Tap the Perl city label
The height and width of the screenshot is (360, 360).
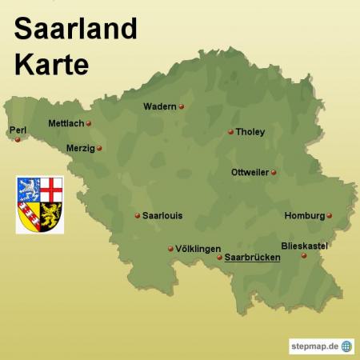click(17, 130)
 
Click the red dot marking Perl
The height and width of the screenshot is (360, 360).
click(18, 139)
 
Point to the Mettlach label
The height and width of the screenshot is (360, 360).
click(66, 124)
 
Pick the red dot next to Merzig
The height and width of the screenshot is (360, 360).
click(99, 148)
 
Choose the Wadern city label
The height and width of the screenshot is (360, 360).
click(160, 106)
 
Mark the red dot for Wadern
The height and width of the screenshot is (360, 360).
click(182, 106)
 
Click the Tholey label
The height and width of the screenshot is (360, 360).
click(250, 132)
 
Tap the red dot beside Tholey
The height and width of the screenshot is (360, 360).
click(230, 132)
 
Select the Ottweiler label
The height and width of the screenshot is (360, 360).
click(249, 172)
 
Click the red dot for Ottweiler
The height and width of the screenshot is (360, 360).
click(273, 172)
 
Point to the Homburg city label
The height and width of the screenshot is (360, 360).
click(304, 215)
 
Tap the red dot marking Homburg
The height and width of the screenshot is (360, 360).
click(329, 215)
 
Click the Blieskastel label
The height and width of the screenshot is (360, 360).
click(305, 246)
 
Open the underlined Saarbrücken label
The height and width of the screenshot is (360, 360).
click(252, 258)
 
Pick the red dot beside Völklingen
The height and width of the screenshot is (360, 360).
click(170, 249)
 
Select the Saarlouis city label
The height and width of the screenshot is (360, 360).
click(162, 215)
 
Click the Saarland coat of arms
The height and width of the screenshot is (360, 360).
click(40, 205)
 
